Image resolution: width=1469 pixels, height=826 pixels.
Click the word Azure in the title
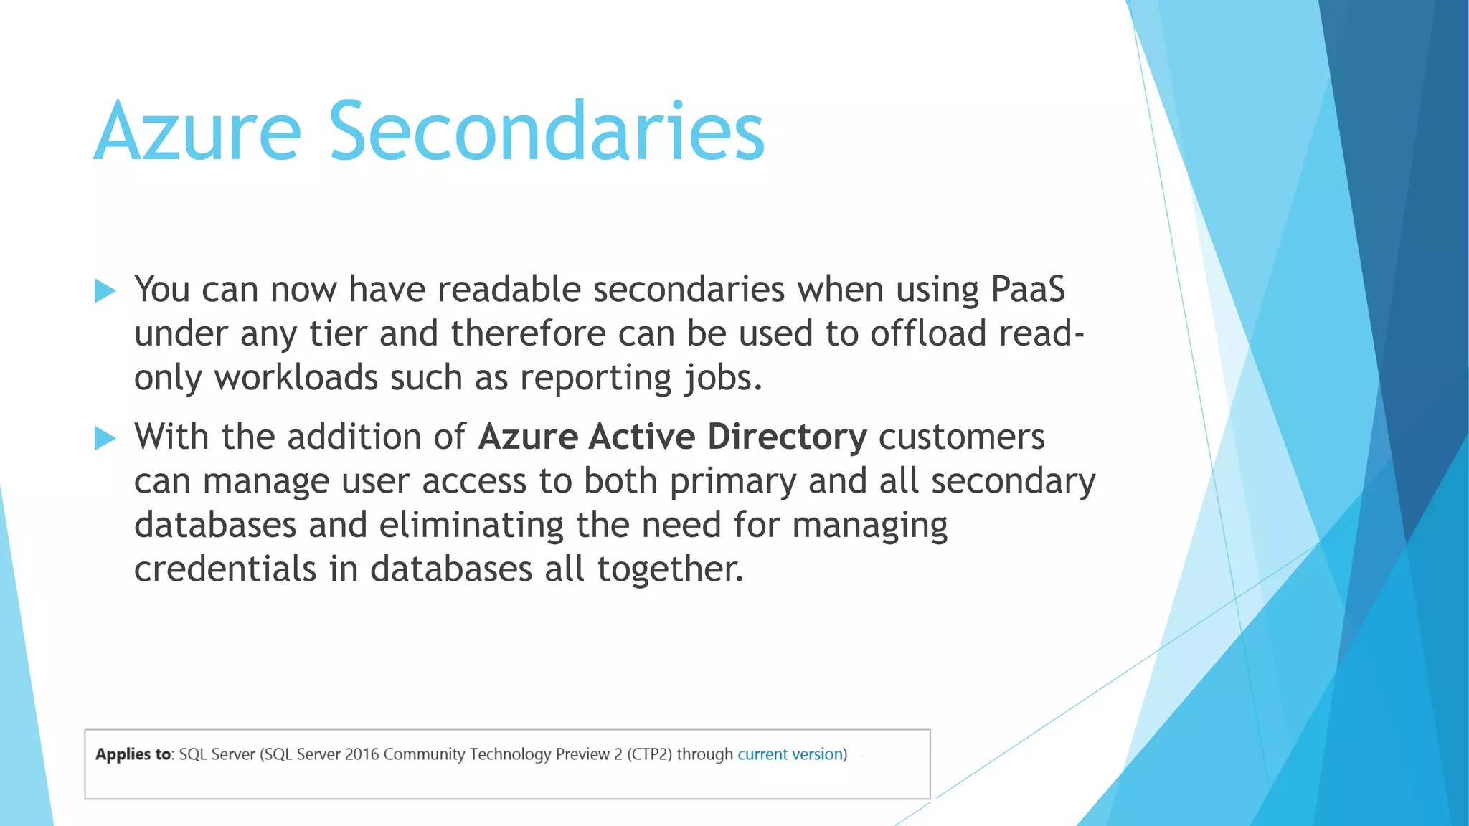(x=197, y=133)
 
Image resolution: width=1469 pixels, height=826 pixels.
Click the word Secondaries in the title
(x=547, y=133)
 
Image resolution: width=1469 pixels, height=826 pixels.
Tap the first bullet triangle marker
(x=105, y=291)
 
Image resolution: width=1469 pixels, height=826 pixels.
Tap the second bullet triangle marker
(x=105, y=438)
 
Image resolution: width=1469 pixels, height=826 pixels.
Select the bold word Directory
(x=787, y=437)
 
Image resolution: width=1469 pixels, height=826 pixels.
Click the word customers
(x=961, y=437)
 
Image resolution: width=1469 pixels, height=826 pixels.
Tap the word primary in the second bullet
(x=732, y=482)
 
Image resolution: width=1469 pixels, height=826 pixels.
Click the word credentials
(x=225, y=569)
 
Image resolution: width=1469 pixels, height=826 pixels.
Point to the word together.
(x=670, y=569)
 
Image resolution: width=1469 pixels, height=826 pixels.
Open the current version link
(x=789, y=754)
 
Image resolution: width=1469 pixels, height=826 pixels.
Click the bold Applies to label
(x=133, y=754)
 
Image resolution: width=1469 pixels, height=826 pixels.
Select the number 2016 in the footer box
(x=362, y=754)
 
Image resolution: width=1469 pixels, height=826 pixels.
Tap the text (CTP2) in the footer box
(x=649, y=754)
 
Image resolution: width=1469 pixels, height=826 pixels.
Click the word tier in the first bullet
(x=338, y=334)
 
